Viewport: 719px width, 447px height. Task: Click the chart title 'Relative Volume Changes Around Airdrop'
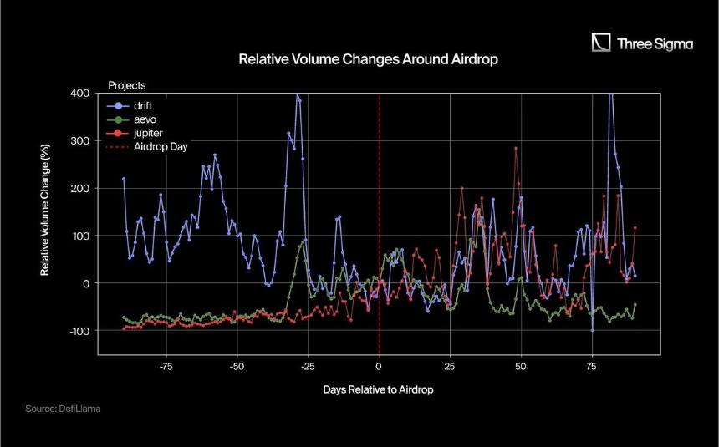(x=368, y=59)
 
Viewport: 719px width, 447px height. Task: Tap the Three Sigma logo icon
(x=600, y=42)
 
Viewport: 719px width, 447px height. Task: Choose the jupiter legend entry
(x=135, y=134)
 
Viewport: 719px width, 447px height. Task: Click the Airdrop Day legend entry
(x=147, y=147)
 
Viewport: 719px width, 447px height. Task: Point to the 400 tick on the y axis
(x=79, y=94)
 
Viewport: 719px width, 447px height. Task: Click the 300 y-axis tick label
(x=79, y=140)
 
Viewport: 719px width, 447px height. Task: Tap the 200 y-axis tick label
(x=79, y=189)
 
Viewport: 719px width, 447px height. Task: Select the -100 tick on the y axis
(x=79, y=331)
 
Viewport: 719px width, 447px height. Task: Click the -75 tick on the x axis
(x=166, y=366)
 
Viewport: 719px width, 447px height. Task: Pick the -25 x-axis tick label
(x=308, y=366)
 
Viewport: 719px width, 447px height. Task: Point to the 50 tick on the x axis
(x=521, y=366)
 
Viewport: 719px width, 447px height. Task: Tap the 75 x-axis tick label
(x=592, y=366)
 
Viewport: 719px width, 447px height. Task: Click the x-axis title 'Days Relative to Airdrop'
(x=378, y=389)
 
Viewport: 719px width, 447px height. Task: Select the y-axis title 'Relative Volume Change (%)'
(x=44, y=210)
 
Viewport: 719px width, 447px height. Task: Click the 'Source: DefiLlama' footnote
(x=63, y=409)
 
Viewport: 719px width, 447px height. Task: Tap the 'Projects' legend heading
(x=127, y=85)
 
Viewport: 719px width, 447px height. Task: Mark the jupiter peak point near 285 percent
(x=515, y=148)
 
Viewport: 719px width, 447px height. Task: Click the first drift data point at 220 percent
(x=124, y=179)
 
